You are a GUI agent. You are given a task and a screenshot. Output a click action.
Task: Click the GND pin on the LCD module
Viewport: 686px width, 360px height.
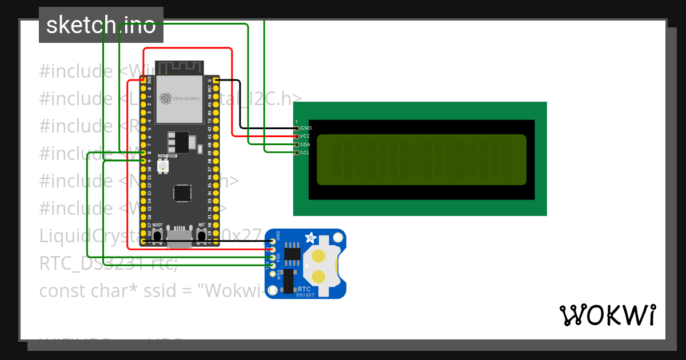point(296,128)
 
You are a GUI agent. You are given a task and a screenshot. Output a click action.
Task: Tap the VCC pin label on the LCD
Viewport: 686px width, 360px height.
point(305,137)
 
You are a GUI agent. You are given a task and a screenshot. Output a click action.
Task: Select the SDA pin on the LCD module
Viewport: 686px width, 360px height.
point(296,145)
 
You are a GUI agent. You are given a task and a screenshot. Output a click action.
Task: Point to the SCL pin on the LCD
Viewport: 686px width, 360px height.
point(296,153)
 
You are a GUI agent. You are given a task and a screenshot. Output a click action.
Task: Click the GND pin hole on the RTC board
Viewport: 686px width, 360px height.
point(273,241)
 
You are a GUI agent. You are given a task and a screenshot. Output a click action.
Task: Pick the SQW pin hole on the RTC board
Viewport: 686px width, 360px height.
point(273,274)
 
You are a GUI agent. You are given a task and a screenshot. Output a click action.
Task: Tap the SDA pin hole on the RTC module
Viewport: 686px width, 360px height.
point(273,258)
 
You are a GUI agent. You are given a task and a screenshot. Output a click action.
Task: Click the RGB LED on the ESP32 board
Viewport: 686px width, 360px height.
point(162,167)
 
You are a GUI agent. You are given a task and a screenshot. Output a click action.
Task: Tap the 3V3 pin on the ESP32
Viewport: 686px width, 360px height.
point(143,81)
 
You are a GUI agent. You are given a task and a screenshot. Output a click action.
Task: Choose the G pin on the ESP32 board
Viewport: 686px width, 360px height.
point(217,81)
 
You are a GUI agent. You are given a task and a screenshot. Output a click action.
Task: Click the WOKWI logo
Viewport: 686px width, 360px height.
point(607,315)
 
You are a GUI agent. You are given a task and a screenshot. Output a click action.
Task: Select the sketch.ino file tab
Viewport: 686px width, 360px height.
point(101,25)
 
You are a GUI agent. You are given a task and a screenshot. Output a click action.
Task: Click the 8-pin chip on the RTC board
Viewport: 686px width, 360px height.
point(293,254)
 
